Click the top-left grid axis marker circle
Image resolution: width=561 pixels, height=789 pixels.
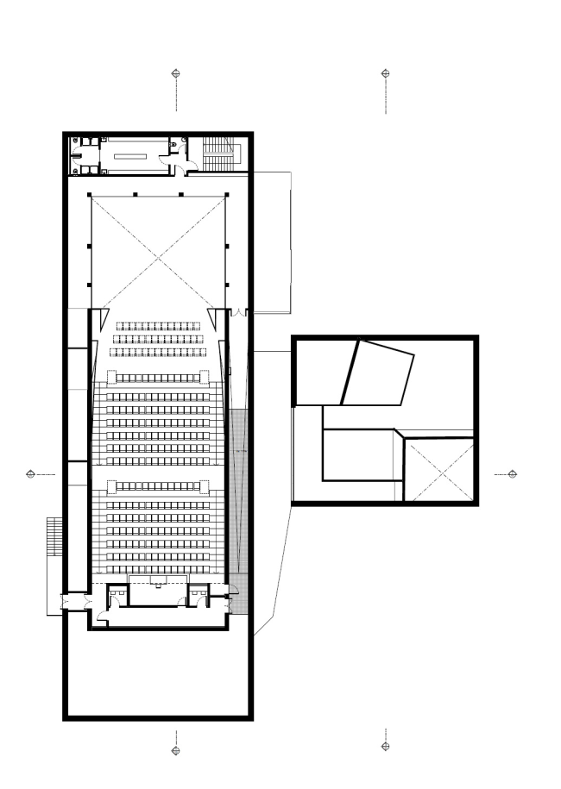point(176,73)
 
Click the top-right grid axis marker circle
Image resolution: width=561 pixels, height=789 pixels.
point(386,73)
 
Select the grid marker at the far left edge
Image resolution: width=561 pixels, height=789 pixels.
point(31,474)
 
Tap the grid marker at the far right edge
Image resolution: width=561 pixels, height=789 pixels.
point(512,474)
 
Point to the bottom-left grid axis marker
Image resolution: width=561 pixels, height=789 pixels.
point(176,749)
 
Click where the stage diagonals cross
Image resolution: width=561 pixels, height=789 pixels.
point(157,252)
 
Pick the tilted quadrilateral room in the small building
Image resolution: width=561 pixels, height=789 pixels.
point(380,373)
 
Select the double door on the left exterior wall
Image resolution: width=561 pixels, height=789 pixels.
point(66,601)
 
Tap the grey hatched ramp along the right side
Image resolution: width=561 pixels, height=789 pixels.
point(240,509)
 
